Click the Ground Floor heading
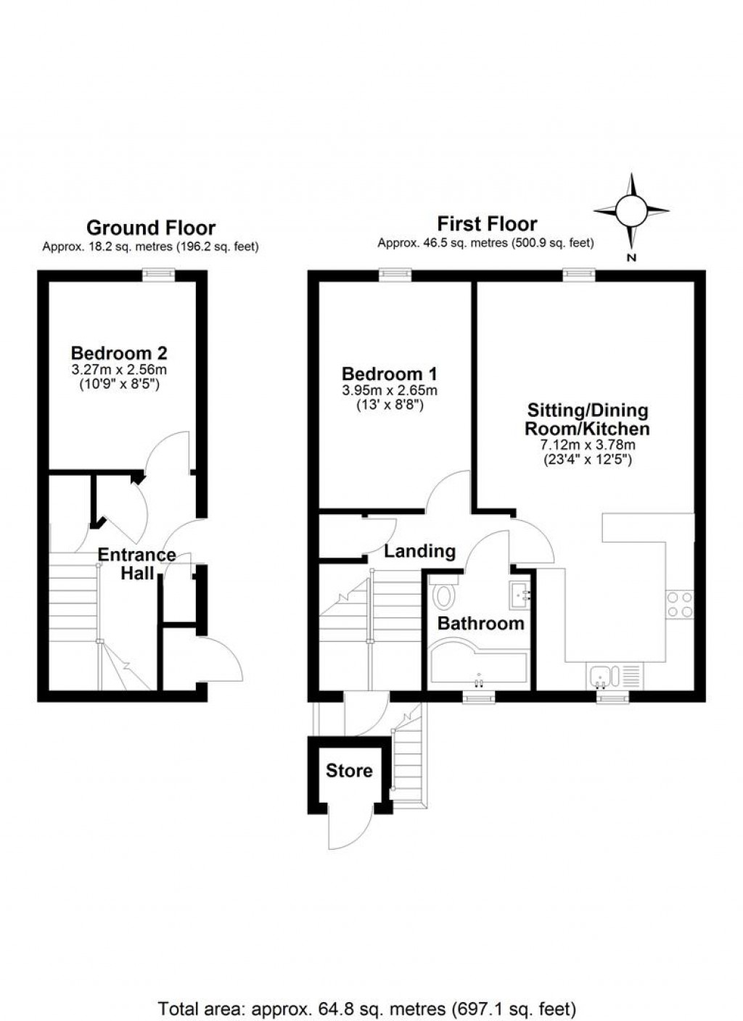click(151, 228)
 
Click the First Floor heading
click(487, 224)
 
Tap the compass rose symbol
click(631, 210)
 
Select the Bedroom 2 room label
click(119, 353)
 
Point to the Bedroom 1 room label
click(390, 374)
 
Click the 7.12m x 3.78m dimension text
click(587, 445)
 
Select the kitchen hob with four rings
click(679, 604)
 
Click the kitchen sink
click(602, 677)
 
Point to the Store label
click(349, 771)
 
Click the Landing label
click(419, 552)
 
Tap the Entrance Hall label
click(137, 564)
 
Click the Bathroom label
click(480, 623)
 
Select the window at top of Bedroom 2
click(158, 274)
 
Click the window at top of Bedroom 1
click(395, 274)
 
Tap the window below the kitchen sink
click(614, 697)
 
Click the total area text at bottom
click(367, 988)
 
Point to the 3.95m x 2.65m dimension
click(390, 391)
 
